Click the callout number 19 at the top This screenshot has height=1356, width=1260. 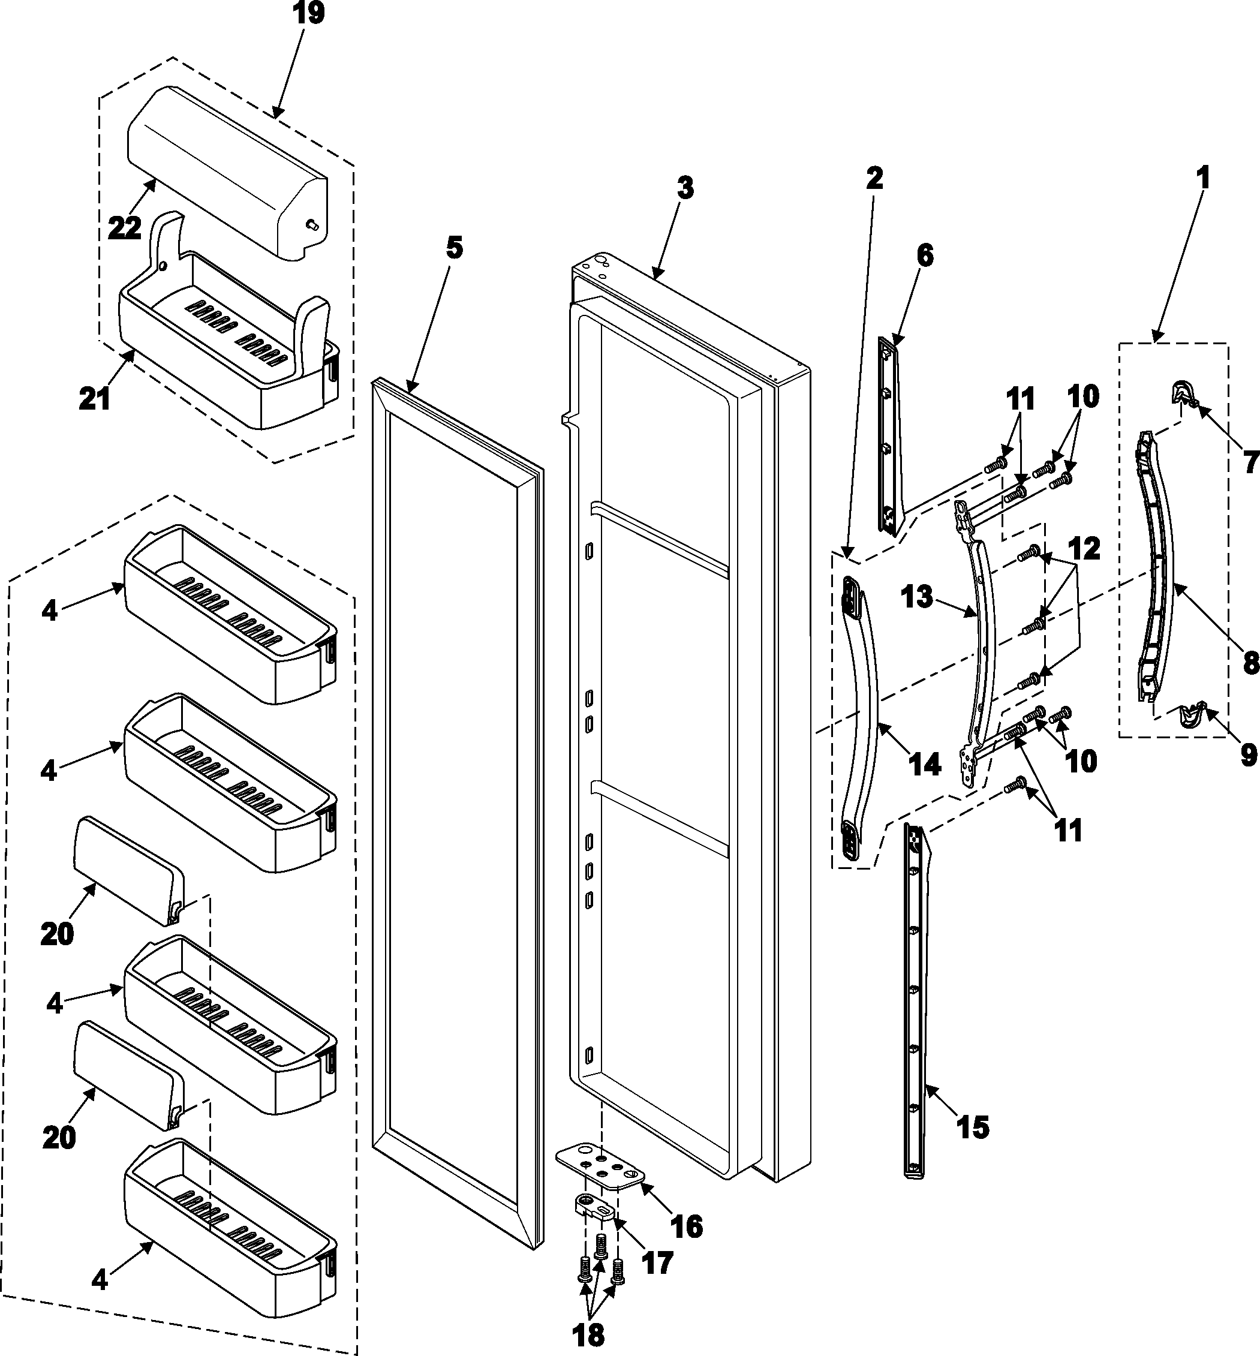(x=308, y=13)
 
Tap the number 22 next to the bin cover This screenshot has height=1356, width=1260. (x=125, y=227)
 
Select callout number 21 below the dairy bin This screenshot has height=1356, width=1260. (x=95, y=399)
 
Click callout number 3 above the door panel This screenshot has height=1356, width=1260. (x=685, y=188)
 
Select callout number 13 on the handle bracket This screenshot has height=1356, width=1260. (x=916, y=597)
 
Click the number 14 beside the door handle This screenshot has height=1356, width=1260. (x=925, y=765)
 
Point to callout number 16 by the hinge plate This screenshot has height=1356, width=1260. (x=687, y=1226)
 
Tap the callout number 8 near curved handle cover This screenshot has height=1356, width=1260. (x=1250, y=662)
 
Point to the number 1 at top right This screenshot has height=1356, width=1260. (x=1203, y=178)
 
